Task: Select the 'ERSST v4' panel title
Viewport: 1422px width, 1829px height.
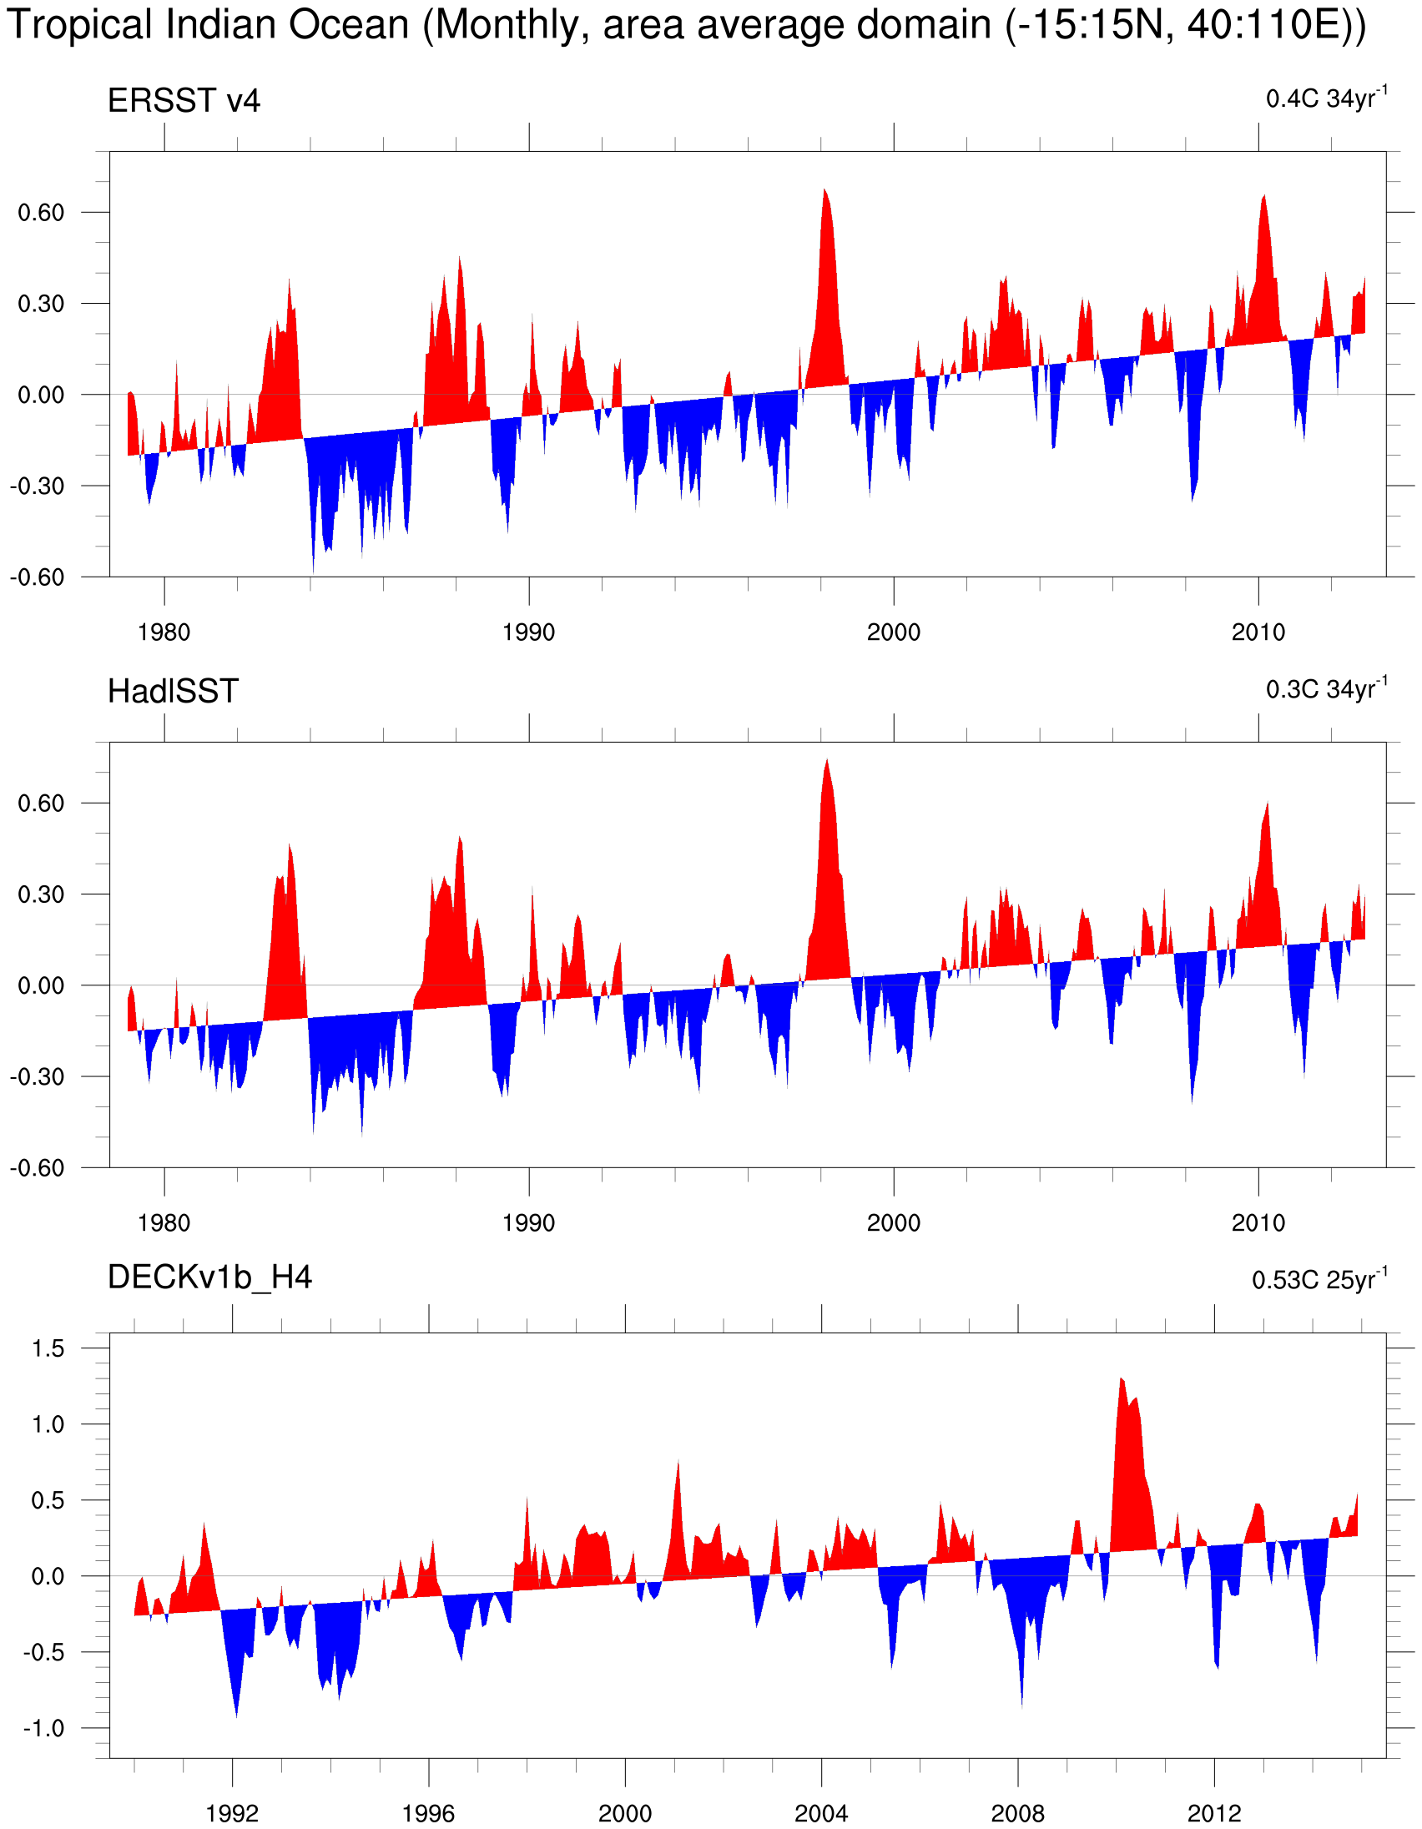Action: [184, 101]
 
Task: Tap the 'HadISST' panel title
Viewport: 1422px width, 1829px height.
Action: [173, 692]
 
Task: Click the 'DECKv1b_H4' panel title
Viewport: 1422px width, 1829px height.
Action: [209, 1277]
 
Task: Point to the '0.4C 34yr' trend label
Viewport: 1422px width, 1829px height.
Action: [1326, 98]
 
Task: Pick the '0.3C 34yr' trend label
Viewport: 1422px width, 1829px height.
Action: [1326, 689]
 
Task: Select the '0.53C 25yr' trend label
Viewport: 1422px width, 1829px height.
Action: [1319, 1280]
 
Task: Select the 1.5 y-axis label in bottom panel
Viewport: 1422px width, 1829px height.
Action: [48, 1348]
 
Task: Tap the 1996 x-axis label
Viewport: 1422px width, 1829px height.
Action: [428, 1814]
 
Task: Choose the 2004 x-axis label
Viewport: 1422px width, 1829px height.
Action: [820, 1814]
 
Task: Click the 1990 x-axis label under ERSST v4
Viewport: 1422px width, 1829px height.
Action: [528, 632]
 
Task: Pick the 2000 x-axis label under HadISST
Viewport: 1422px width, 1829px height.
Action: [893, 1222]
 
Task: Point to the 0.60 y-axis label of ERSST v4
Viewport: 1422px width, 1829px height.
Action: [41, 213]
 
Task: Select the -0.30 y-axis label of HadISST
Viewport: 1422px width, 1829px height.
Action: [37, 1077]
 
